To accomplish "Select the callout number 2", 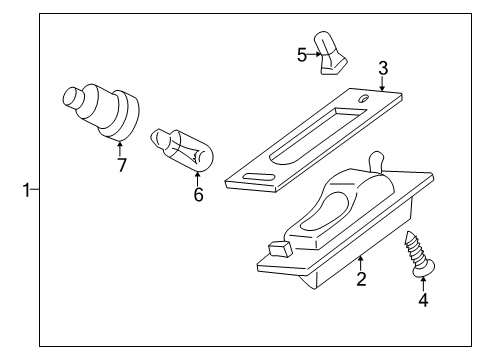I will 361,279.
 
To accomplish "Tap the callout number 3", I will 382,68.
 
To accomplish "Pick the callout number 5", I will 301,54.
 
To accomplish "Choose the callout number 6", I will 197,194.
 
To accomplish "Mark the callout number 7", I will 121,165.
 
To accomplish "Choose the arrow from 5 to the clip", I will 315,55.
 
